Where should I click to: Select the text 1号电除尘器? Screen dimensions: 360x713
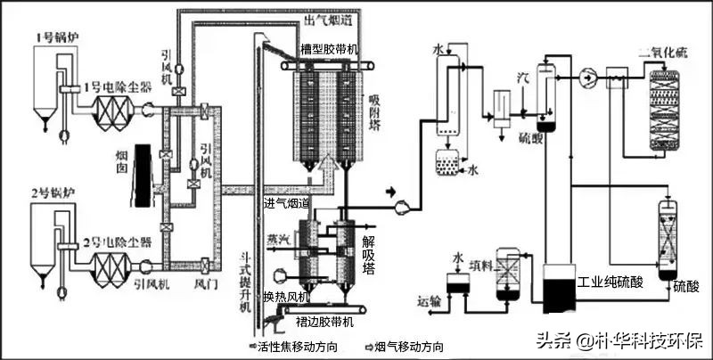[x=111, y=87]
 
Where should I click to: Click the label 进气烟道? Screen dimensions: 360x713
[x=285, y=204]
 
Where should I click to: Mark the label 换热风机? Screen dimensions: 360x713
[x=285, y=296]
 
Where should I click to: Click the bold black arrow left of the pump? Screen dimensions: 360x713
[x=389, y=190]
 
